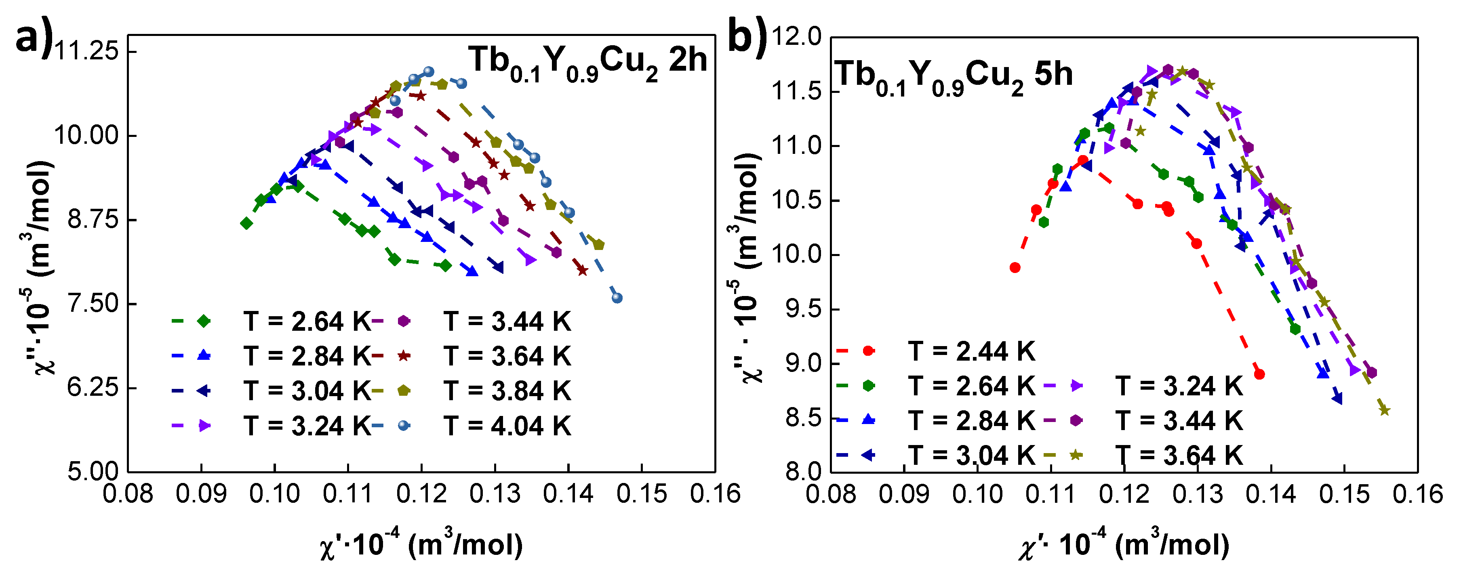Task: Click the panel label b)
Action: coord(746,37)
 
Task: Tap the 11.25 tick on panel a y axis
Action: coord(86,52)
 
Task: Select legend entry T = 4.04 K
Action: coord(507,426)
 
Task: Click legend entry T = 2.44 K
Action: coord(971,351)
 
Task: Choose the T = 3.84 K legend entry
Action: coord(507,391)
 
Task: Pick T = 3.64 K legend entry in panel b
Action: coord(1179,456)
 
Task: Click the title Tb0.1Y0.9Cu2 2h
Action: coord(587,61)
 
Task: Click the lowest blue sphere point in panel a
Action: coord(617,298)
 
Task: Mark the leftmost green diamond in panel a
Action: coord(246,223)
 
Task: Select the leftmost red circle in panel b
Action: coord(1015,267)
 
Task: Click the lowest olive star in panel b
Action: coord(1384,410)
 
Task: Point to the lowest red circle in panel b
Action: coord(1259,374)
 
